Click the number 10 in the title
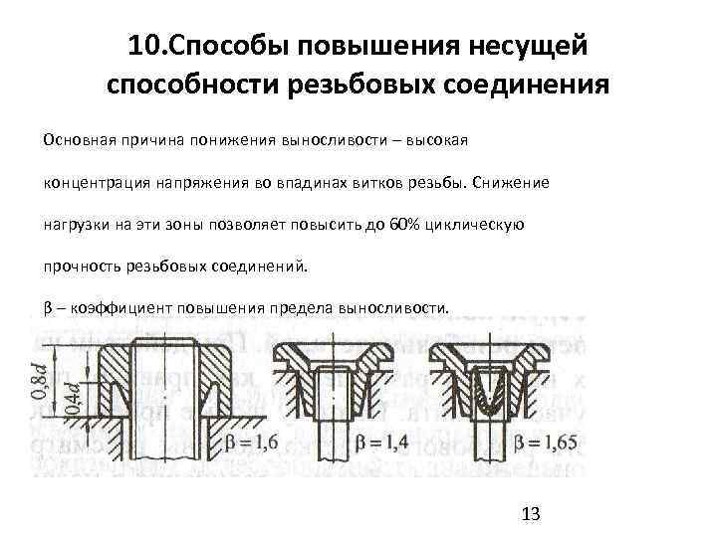(x=147, y=46)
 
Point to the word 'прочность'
(x=75, y=267)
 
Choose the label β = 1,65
(x=544, y=438)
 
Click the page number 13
(x=530, y=513)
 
